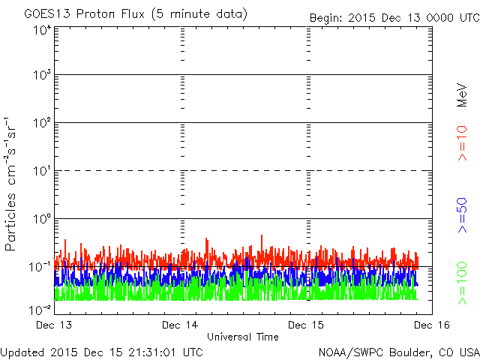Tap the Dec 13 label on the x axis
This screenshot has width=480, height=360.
pos(54,325)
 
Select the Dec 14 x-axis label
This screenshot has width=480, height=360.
pos(180,325)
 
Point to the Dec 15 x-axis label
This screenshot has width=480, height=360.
pos(306,325)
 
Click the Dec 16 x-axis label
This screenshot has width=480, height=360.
pos(432,325)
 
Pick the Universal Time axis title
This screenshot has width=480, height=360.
pos(243,337)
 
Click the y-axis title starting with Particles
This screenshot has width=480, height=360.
pos(10,184)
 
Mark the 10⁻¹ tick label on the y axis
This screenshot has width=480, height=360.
pos(40,267)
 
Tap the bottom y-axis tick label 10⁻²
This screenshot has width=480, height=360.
pos(40,310)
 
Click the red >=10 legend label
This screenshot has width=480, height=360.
pos(462,143)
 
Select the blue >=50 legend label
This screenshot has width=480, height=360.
pos(462,215)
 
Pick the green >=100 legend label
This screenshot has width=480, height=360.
pos(462,283)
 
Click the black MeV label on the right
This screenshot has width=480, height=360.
pos(462,95)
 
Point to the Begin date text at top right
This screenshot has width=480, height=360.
pos(394,18)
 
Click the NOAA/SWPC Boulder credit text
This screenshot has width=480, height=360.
pos(399,352)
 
